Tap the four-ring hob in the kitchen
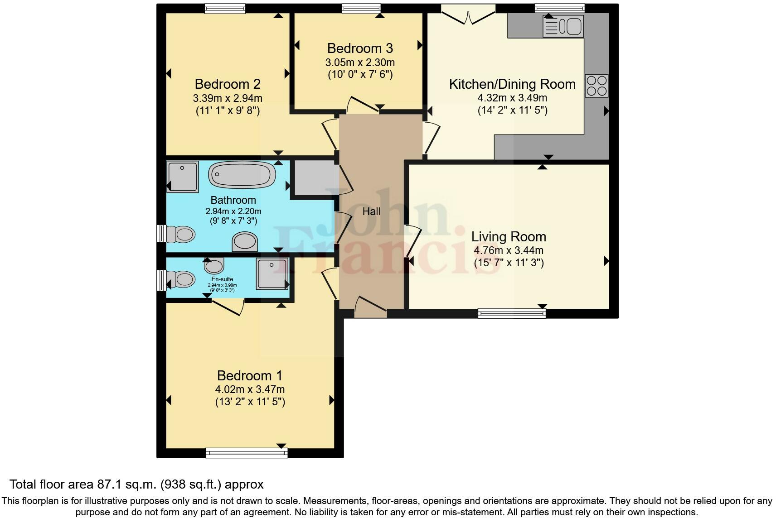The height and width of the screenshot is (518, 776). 597,86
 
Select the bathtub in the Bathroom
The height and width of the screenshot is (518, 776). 242,174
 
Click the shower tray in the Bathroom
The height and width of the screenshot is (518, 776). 183,177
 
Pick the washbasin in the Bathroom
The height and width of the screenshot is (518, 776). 245,241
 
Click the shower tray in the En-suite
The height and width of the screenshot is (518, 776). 272,274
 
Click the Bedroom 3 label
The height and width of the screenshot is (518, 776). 360,48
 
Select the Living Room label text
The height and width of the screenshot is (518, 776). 509,236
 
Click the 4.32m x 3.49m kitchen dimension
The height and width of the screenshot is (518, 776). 512,98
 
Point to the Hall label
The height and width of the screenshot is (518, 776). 371,211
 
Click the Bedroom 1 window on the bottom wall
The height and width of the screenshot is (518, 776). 247,452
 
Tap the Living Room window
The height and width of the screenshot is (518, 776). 512,313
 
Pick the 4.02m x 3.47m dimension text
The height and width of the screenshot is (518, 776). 250,389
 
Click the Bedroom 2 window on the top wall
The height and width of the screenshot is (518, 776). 225,8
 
